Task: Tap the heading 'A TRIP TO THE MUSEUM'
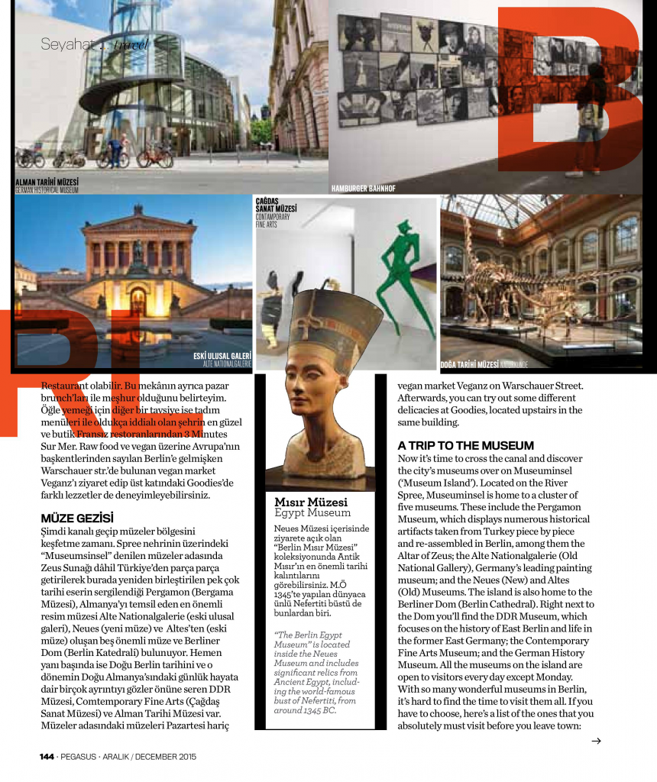point(465,445)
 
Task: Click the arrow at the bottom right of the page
point(597,741)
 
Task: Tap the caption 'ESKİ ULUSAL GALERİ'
point(222,357)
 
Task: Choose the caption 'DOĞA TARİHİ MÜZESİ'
point(469,364)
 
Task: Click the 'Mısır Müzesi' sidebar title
point(311,502)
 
